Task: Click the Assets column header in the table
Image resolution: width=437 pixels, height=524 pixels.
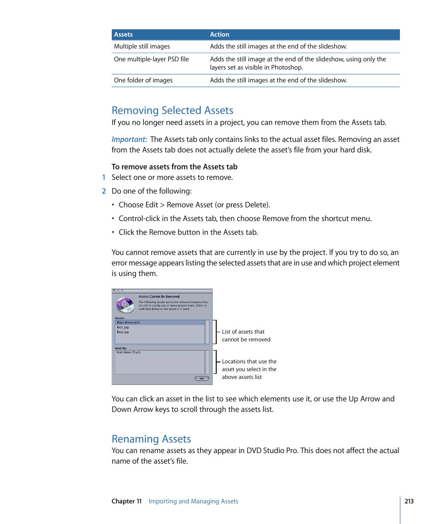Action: pos(123,35)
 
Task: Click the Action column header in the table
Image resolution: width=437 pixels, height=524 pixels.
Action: pos(219,35)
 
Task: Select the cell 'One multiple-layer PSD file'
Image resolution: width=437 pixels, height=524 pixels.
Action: pos(151,59)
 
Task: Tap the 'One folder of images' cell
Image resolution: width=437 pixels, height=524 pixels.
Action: pos(143,80)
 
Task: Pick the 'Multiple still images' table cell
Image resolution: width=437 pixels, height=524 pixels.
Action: pos(142,46)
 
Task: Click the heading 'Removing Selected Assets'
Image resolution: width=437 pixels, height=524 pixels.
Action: pos(172,110)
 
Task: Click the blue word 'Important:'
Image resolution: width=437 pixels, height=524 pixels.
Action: pos(129,139)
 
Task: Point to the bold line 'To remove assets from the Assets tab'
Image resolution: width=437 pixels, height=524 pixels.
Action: pos(174,167)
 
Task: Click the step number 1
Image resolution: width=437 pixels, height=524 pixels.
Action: pos(104,178)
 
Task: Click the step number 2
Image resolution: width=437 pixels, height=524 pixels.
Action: pos(104,191)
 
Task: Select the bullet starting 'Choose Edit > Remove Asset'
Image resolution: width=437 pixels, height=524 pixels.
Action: pos(194,205)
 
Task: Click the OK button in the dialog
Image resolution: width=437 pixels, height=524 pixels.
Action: pos(202,378)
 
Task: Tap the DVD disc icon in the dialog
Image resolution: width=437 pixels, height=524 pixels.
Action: pos(124,305)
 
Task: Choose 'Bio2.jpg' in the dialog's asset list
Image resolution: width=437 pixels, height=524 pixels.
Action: pos(123,332)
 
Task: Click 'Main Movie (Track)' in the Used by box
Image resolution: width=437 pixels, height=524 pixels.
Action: pos(129,352)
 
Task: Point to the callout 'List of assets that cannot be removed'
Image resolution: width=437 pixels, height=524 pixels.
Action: pos(246,335)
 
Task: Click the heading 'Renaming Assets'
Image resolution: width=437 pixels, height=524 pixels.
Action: pos(151,439)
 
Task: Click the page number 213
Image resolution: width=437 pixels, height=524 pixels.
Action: pos(409,501)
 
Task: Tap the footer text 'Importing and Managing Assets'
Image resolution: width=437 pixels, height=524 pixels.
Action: pos(193,501)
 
